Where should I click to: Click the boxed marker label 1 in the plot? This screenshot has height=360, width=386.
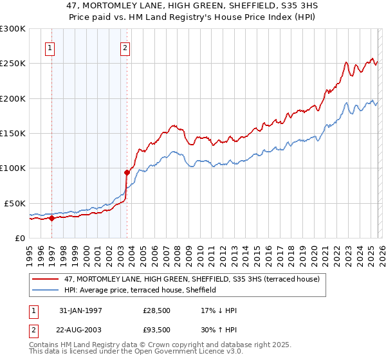pos(50,47)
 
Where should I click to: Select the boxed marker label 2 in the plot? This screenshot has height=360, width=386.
pos(125,47)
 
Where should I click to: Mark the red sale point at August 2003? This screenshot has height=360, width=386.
pos(127,172)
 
